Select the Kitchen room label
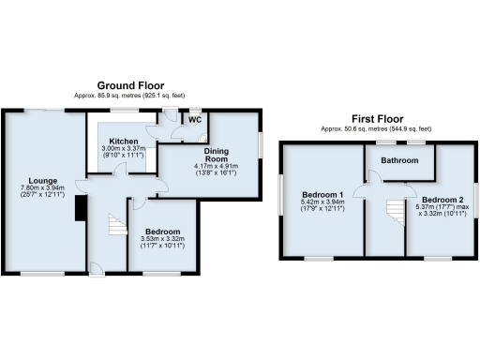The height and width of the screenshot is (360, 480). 120,140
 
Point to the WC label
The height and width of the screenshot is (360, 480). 195,120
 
